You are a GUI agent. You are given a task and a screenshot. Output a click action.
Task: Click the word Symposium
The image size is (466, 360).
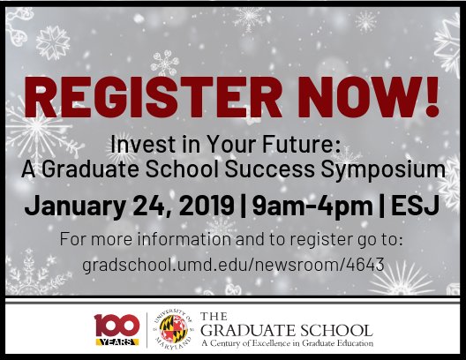pyautogui.click(x=378, y=169)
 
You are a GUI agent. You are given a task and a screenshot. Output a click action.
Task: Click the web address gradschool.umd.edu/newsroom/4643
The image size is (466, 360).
pyautogui.click(x=233, y=264)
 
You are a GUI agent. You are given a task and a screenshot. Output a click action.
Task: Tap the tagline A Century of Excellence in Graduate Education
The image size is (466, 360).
pyautogui.click(x=288, y=342)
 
